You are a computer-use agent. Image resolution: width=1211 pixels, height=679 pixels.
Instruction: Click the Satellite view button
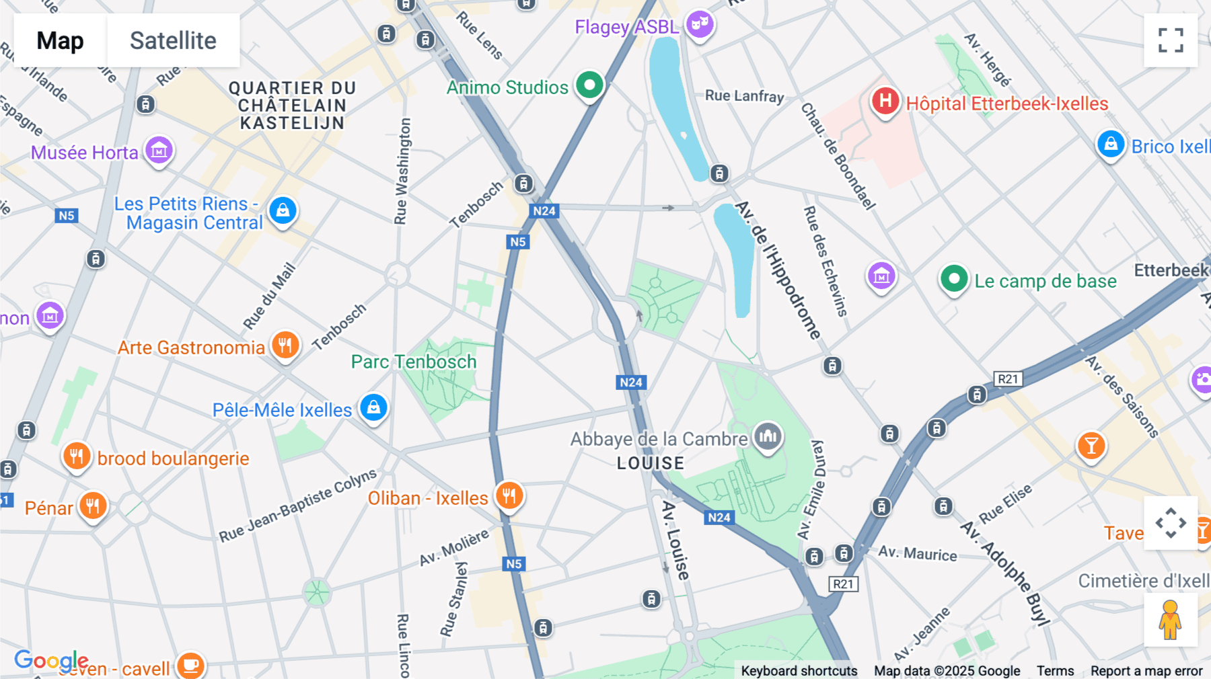click(173, 40)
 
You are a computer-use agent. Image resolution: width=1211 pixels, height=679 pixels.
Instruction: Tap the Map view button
click(60, 40)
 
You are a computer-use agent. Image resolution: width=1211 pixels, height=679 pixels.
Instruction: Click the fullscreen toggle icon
click(1171, 40)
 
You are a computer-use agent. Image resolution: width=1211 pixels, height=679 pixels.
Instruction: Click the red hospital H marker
click(885, 102)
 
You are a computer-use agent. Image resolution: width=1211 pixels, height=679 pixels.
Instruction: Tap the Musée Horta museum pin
click(159, 151)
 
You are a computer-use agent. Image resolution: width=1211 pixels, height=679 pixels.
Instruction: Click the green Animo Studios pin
click(590, 85)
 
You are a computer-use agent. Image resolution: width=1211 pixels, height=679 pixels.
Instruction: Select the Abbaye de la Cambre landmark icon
click(768, 437)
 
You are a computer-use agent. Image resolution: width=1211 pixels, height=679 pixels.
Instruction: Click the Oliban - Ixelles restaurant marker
click(509, 496)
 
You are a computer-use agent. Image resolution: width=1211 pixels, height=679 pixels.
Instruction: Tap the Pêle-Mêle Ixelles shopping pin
click(373, 407)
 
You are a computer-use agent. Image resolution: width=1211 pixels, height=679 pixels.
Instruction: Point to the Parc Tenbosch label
click(414, 362)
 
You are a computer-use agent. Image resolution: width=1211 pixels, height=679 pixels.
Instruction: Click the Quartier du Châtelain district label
click(292, 106)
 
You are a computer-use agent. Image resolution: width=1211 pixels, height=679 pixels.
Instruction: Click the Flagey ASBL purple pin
click(700, 25)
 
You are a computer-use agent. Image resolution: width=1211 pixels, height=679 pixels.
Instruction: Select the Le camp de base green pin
click(953, 279)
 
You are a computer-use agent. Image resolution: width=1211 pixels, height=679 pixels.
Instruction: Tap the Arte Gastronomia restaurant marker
click(285, 346)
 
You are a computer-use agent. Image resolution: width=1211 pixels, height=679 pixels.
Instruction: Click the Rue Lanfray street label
click(744, 95)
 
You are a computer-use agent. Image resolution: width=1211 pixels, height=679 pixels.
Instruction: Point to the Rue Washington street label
click(402, 171)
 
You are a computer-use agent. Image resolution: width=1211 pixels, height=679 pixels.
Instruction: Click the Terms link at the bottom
click(1055, 670)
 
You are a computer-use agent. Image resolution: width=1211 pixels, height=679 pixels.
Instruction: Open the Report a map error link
click(1146, 670)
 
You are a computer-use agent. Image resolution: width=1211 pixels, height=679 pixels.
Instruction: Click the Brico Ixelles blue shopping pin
click(1111, 145)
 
